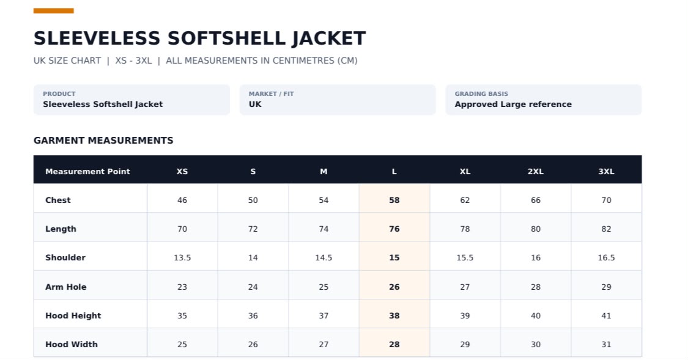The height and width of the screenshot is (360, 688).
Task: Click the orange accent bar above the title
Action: [x=54, y=10]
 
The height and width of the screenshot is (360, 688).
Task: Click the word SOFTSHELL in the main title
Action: [x=226, y=38]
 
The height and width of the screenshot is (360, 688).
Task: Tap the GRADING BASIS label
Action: [x=481, y=94]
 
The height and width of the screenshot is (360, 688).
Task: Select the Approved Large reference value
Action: [x=513, y=105]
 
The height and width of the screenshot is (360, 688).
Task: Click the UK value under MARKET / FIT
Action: [x=255, y=105]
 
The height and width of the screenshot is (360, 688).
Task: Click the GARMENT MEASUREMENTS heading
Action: [x=103, y=141]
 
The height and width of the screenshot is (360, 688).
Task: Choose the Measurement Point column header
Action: [x=87, y=172]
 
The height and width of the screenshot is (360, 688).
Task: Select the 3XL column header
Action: [x=606, y=172]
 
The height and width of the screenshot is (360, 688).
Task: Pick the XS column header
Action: [x=182, y=172]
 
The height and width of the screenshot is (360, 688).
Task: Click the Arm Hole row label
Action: [x=66, y=287]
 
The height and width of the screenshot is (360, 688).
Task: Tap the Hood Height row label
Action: [x=73, y=316]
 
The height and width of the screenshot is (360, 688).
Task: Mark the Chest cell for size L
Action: [x=394, y=200]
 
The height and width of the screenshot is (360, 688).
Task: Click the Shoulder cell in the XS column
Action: [x=182, y=258]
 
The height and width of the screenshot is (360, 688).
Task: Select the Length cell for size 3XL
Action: [x=606, y=229]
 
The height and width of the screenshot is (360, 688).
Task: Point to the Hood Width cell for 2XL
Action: [x=535, y=345]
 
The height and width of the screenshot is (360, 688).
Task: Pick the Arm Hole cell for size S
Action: [x=253, y=287]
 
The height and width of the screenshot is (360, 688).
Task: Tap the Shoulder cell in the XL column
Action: [x=465, y=258]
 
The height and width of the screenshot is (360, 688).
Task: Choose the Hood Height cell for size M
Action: [x=324, y=316]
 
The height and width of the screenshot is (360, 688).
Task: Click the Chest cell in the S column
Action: [x=253, y=200]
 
